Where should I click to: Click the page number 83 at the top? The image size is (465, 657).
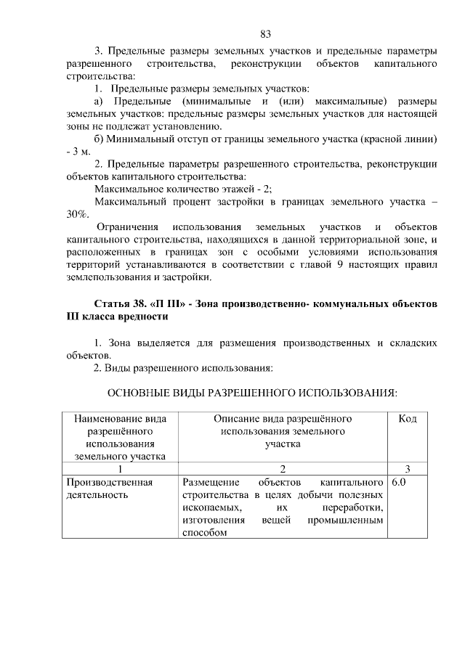click(x=265, y=34)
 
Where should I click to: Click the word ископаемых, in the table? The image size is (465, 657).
click(x=211, y=507)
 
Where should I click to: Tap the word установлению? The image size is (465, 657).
click(x=164, y=125)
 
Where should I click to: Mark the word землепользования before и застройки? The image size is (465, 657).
click(x=109, y=277)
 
